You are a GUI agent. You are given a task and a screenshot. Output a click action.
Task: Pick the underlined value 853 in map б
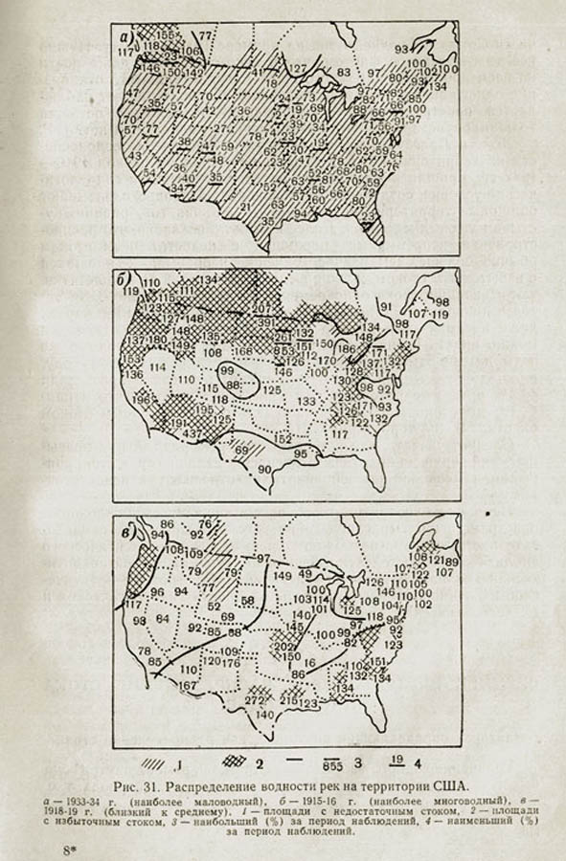(284, 350)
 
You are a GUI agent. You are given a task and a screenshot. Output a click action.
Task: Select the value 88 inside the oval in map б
(233, 384)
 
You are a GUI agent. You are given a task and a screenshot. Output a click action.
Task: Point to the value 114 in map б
(158, 366)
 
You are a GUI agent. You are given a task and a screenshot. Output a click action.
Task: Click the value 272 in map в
(254, 701)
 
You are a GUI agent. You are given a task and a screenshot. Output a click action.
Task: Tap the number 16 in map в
(308, 662)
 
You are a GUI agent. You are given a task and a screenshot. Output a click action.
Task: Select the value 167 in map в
(188, 685)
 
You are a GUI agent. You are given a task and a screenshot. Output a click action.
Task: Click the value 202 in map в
(284, 646)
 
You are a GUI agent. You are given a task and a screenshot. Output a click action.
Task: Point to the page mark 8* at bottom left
(69, 849)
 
